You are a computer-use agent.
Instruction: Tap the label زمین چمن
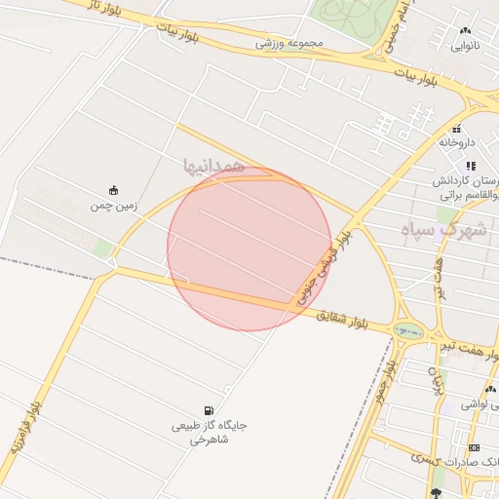click(x=115, y=206)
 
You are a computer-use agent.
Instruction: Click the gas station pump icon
click(x=210, y=410)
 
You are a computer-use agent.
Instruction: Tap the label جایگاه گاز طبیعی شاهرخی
click(x=210, y=433)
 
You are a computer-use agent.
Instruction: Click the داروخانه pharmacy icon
click(x=456, y=129)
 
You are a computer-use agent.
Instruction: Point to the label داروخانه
click(x=456, y=143)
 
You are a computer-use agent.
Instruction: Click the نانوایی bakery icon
click(x=465, y=31)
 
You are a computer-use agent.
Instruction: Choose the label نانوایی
click(x=465, y=46)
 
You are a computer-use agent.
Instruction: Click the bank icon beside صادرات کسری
click(x=474, y=447)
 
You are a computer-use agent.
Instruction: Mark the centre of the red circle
click(x=249, y=249)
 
